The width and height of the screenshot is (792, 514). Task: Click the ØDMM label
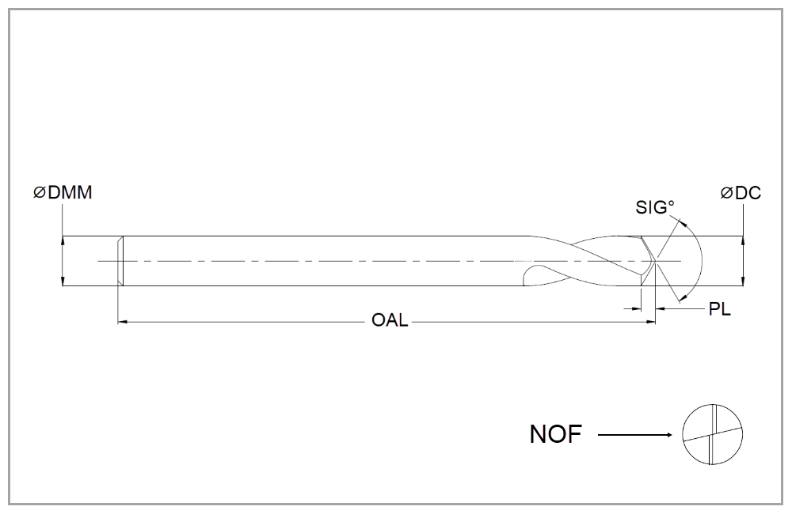pos(63,192)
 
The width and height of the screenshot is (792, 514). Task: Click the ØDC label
pos(741,192)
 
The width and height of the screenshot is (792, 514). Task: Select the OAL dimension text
pos(390,321)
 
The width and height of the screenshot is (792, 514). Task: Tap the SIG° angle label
pos(655,207)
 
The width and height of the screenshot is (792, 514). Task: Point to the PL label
pos(719,309)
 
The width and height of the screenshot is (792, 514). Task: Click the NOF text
pos(554,434)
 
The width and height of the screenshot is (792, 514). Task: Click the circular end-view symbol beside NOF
pos(713,434)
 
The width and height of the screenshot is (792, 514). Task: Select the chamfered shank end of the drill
pos(120,261)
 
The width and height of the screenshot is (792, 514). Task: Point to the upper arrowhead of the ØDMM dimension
pos(63,240)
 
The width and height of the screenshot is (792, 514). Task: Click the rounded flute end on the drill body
pos(527,274)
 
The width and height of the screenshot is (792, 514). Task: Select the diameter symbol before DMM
pos(39,192)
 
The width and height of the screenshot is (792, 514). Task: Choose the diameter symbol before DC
pos(726,192)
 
